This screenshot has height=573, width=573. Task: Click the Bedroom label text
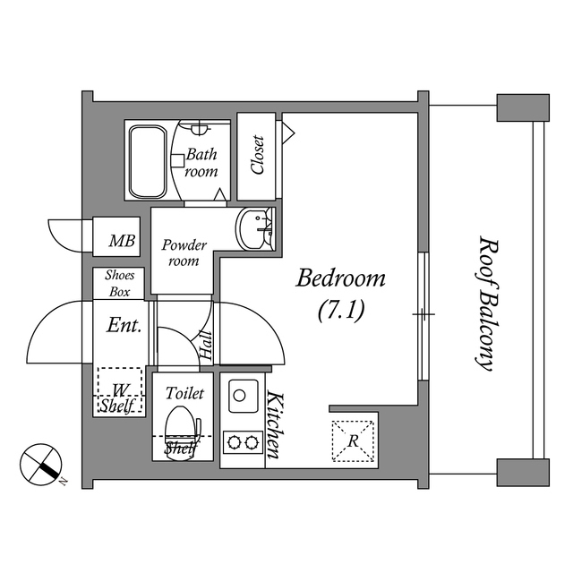(341, 278)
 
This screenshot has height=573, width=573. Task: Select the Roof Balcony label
(485, 304)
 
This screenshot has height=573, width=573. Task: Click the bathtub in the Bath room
(148, 162)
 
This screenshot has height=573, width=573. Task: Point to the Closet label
(257, 156)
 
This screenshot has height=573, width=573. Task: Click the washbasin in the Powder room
(255, 227)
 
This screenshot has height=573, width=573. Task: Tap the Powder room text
(184, 252)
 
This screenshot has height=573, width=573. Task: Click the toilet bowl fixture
(182, 423)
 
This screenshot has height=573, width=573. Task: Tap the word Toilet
(185, 393)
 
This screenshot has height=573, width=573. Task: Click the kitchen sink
(243, 394)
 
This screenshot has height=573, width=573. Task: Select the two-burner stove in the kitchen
(243, 441)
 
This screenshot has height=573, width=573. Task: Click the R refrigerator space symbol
(353, 440)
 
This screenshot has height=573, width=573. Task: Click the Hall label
(207, 345)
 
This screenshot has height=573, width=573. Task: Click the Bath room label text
(201, 162)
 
